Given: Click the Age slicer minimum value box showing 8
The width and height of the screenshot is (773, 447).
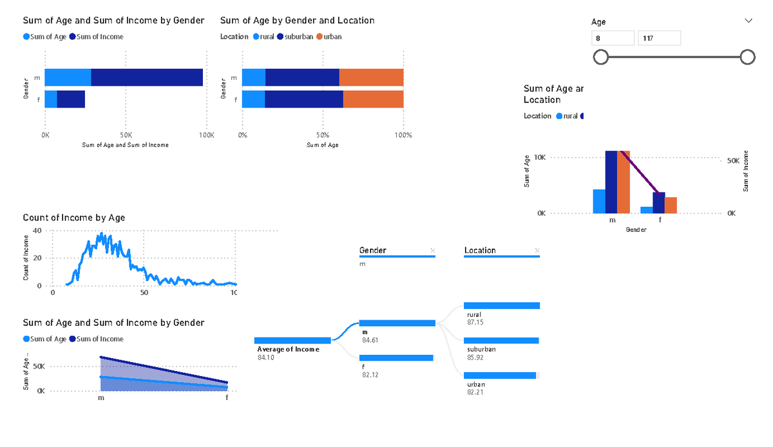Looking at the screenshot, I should [x=613, y=39].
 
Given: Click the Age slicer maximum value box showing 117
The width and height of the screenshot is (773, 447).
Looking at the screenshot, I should [x=659, y=39].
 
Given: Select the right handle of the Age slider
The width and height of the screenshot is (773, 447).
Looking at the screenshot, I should [x=747, y=57].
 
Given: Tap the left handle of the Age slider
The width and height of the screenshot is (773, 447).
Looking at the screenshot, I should [x=600, y=57].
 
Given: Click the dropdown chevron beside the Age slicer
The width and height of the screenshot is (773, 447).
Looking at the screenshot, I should [x=748, y=21].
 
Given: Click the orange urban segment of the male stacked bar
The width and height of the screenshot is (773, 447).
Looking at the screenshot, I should [x=371, y=78].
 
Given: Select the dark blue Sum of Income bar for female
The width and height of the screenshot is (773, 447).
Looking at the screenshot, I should [x=71, y=99].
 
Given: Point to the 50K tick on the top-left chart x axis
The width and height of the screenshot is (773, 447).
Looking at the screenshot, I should [x=126, y=136].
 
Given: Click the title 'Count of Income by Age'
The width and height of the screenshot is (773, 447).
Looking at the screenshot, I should [x=74, y=218].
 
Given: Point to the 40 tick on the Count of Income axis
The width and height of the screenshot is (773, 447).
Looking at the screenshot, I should [x=37, y=231].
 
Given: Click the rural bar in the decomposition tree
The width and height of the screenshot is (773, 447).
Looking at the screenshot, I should [x=501, y=306].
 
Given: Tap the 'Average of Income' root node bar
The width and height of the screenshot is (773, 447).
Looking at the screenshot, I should [x=292, y=340].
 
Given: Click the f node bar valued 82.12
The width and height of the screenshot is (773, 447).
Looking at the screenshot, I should [x=396, y=358].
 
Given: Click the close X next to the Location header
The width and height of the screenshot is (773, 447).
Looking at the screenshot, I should [x=537, y=251].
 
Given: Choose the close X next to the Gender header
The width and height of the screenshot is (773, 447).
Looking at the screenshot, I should [x=432, y=251].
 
